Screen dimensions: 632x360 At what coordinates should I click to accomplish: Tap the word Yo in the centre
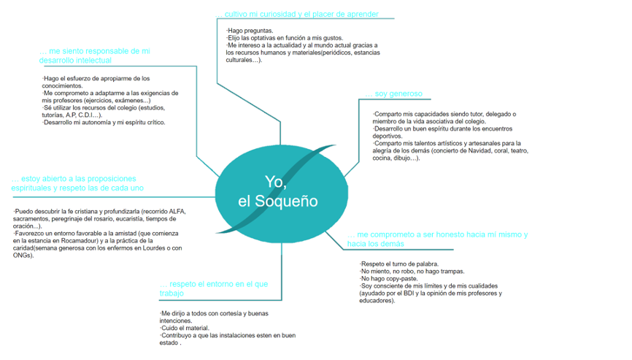pos(274,183)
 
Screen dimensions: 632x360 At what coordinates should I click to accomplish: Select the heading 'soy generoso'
pos(398,93)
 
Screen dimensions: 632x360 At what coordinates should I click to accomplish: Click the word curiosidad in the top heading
pos(278,14)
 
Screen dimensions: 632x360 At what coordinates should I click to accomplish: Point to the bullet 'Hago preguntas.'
pos(250,31)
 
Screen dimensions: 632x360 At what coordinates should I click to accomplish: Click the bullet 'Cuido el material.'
pos(185,328)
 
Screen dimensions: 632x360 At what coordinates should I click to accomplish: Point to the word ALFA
pos(177,211)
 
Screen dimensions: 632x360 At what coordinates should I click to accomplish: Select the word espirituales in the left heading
pos(31,188)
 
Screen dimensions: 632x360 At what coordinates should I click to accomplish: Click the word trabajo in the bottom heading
pos(172,294)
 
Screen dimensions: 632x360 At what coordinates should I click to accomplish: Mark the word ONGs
pos(22,255)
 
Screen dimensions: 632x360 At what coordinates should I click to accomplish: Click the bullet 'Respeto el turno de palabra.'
pos(399,264)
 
